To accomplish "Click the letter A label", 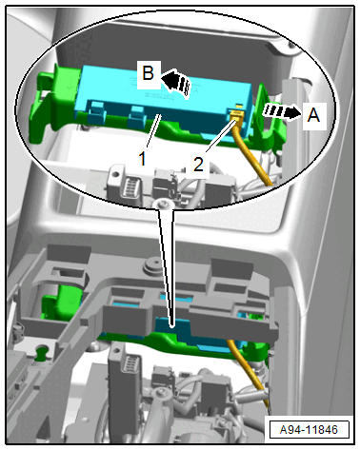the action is click(x=313, y=115).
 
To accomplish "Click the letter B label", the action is click(x=149, y=73).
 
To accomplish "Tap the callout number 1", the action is click(x=143, y=158).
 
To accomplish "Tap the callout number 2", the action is click(x=198, y=165).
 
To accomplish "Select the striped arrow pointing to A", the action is click(x=281, y=111).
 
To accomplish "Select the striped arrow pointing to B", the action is click(x=177, y=82).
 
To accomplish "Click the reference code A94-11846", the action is click(x=309, y=430).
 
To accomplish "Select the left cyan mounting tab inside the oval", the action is click(x=97, y=113).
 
